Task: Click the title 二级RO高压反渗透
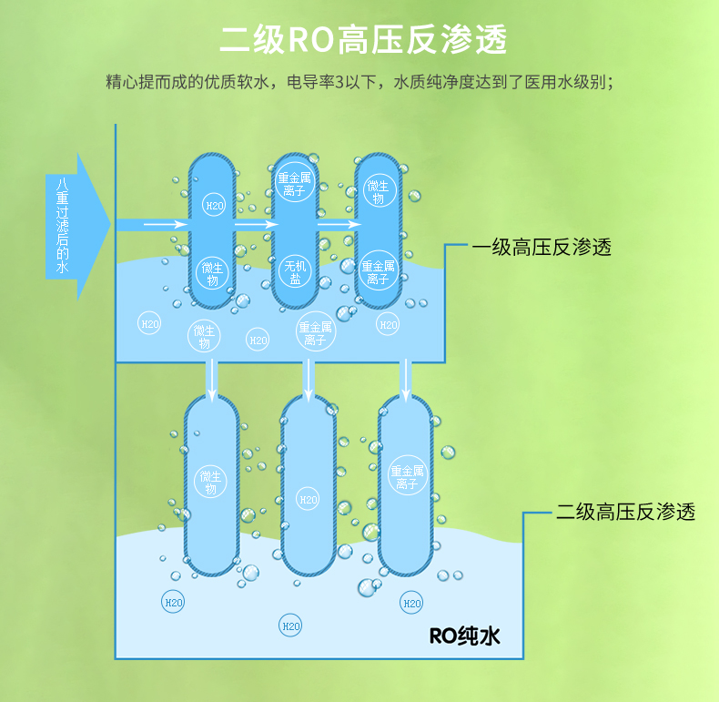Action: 363,40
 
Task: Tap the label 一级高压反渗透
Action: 541,248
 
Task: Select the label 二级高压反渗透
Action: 626,513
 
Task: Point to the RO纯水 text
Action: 464,635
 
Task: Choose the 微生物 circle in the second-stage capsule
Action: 210,483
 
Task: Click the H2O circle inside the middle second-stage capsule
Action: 309,500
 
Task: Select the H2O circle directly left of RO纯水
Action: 411,603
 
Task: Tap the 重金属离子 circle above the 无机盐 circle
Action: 296,184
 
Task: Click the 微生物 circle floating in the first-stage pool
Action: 205,336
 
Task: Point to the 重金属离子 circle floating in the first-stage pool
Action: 315,333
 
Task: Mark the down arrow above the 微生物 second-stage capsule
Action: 212,378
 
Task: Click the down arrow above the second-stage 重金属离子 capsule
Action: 406,378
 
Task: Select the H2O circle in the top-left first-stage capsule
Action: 213,206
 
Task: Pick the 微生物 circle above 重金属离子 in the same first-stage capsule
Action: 378,191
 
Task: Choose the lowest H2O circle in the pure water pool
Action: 290,626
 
